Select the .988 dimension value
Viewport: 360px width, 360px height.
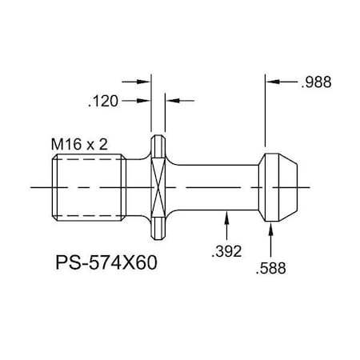click(x=317, y=82)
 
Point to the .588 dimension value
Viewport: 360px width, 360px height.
click(x=273, y=270)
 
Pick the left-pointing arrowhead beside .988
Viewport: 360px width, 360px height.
click(x=271, y=82)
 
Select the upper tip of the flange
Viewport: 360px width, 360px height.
click(x=158, y=137)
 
